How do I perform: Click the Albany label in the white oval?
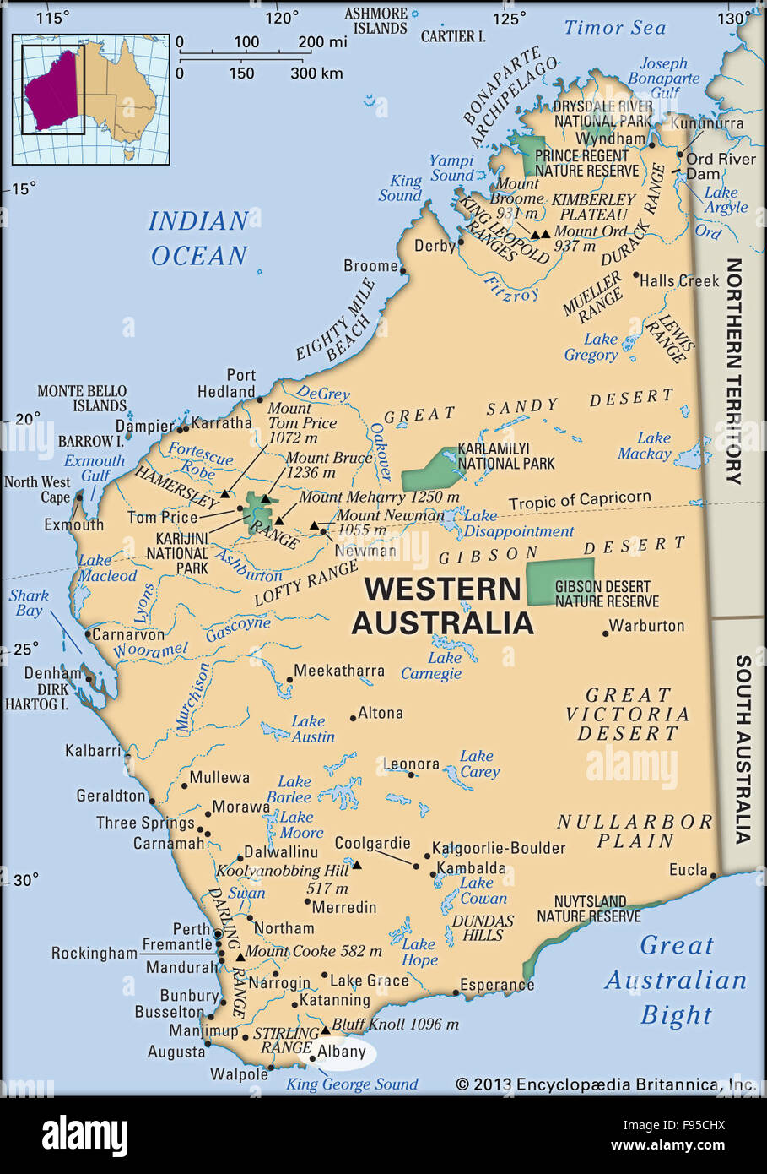(x=342, y=1052)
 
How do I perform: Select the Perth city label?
(x=191, y=929)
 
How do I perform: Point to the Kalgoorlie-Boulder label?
(x=499, y=848)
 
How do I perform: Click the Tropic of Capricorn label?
(x=579, y=500)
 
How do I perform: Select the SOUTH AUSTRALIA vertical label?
(x=743, y=749)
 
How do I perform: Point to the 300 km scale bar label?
(x=316, y=73)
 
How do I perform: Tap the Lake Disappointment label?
(x=516, y=524)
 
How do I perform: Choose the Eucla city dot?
(x=713, y=876)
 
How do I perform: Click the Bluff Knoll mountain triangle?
(x=326, y=1030)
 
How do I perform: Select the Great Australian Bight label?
(x=676, y=980)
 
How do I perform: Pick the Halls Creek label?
(x=679, y=280)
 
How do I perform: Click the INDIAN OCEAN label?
(x=199, y=238)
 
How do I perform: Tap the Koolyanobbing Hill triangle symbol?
(x=356, y=865)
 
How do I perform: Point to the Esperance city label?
(x=497, y=985)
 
